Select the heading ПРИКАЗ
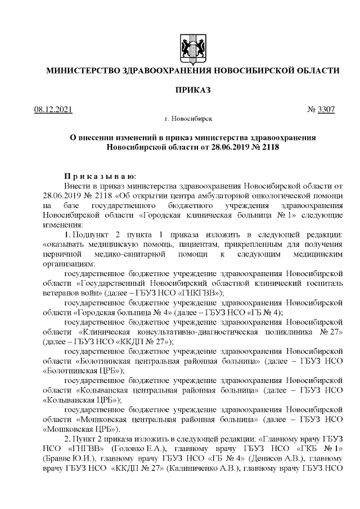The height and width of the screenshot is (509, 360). [x=192, y=91]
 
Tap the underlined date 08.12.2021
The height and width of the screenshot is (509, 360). [x=53, y=109]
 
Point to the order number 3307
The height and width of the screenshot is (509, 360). [x=327, y=109]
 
